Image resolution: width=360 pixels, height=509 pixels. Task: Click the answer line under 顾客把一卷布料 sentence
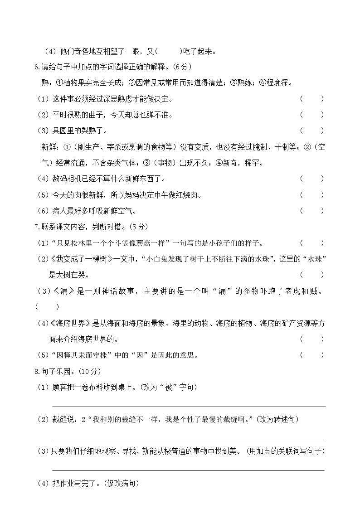pyautogui.click(x=189, y=407)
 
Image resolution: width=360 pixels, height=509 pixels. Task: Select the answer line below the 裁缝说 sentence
pyautogui.click(x=189, y=438)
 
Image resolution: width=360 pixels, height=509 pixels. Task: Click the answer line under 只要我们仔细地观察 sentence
pyautogui.click(x=189, y=470)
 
